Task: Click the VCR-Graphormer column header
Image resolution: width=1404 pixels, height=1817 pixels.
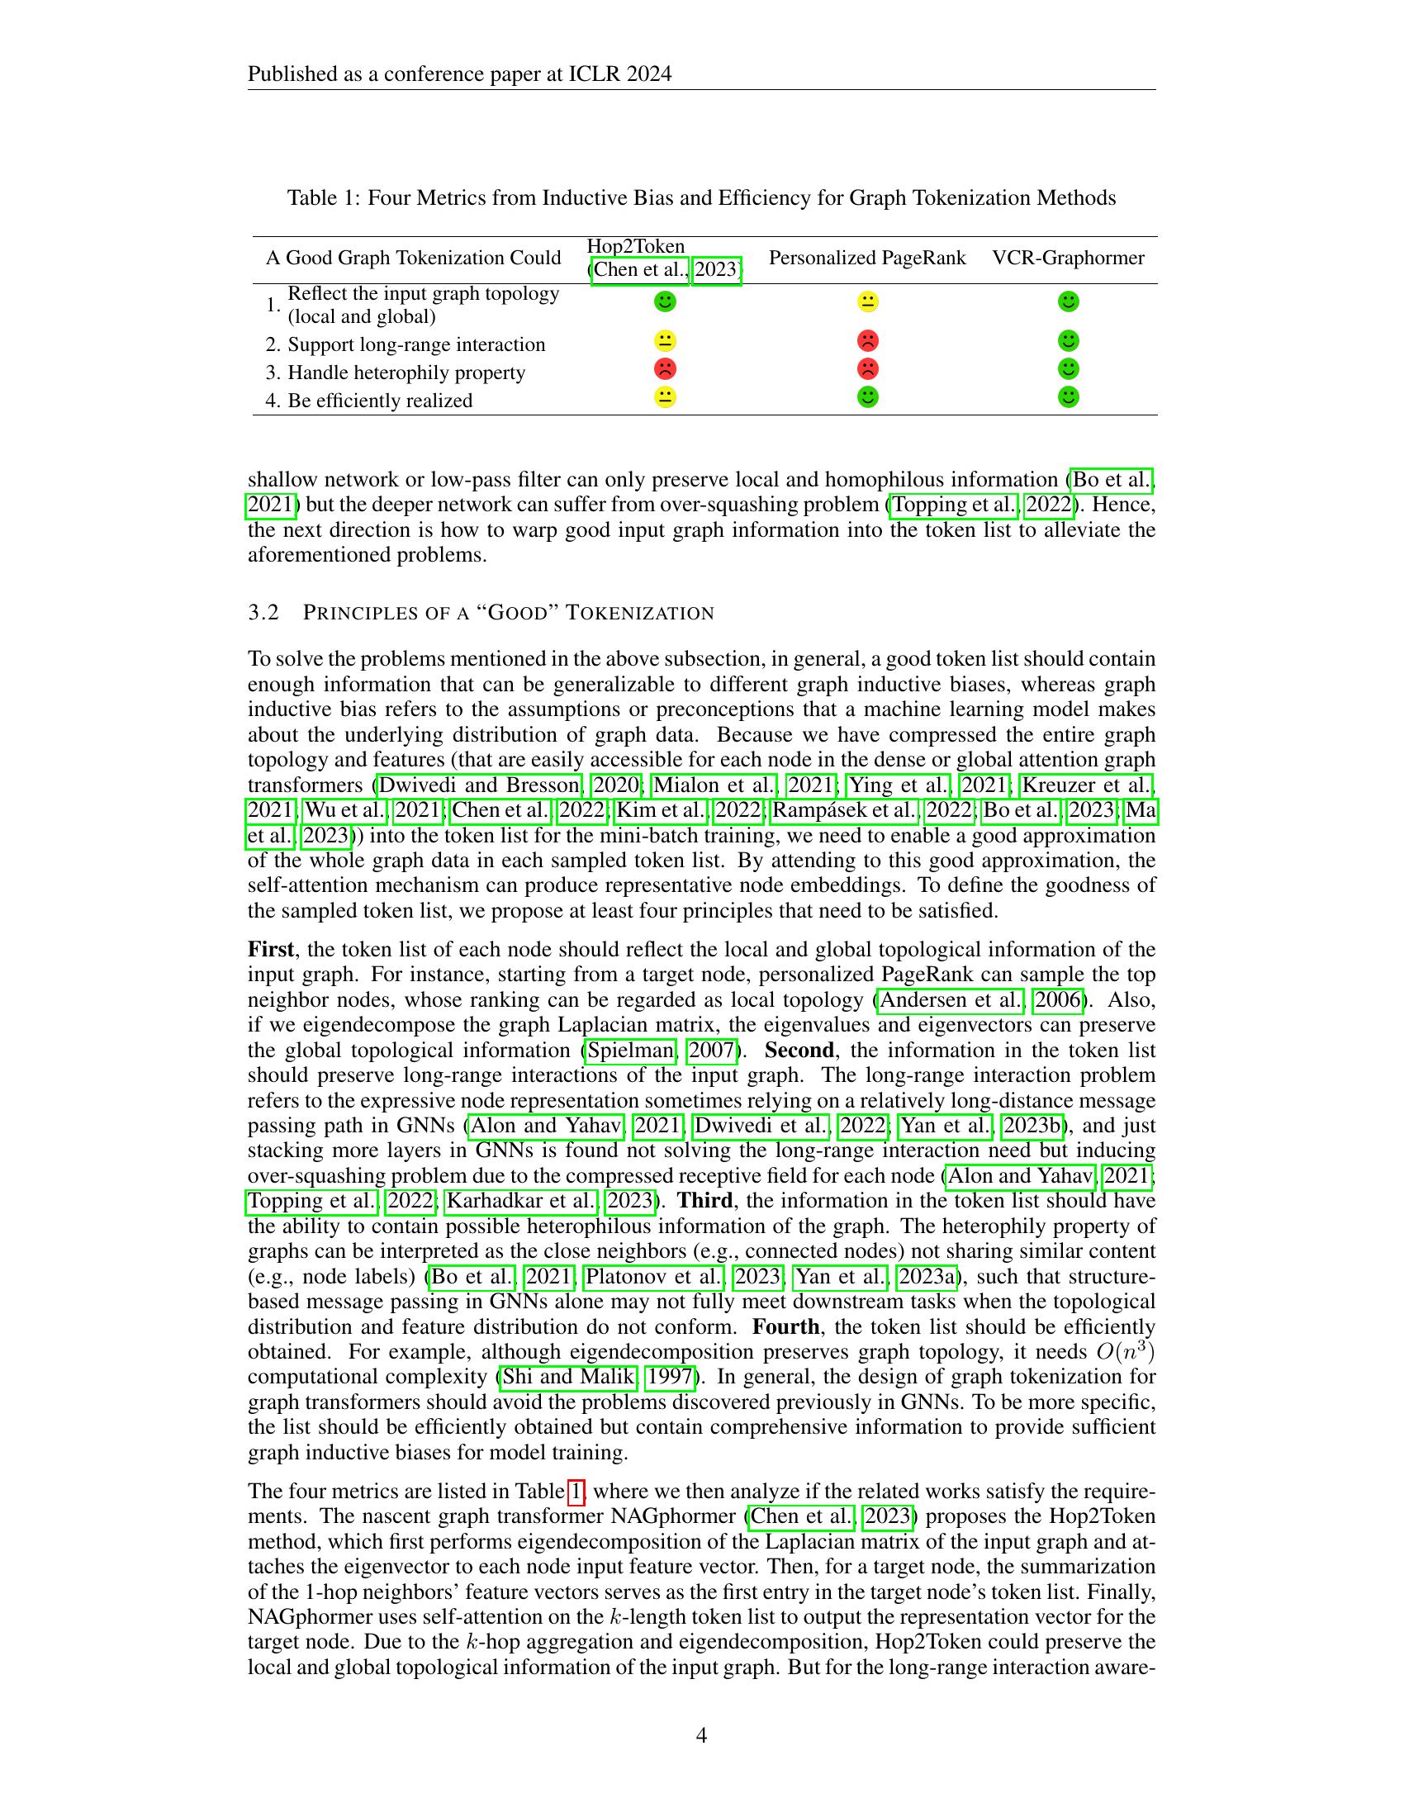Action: (1068, 258)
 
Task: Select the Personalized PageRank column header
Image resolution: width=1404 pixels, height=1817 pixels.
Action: (866, 258)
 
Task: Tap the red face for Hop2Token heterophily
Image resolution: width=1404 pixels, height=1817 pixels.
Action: (665, 368)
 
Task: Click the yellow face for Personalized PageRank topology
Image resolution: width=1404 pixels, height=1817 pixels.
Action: (867, 301)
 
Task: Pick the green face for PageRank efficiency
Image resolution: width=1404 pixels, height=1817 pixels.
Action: (867, 396)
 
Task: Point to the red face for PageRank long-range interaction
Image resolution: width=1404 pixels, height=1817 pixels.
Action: (867, 341)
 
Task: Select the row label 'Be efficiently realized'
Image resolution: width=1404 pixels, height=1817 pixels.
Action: (379, 401)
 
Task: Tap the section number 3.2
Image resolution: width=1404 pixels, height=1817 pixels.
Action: (263, 613)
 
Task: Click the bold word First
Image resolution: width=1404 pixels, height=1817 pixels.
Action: (270, 949)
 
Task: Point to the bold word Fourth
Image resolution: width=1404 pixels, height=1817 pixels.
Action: (785, 1326)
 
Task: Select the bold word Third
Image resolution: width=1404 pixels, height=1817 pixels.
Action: (704, 1201)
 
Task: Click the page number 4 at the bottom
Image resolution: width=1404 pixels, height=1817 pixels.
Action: (701, 1734)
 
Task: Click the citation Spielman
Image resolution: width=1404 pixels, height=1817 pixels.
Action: (629, 1050)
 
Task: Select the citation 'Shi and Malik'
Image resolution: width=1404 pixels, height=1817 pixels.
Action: (569, 1376)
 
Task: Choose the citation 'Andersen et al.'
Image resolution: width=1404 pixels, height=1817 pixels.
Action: (949, 999)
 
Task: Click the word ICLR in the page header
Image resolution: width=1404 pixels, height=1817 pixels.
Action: (591, 75)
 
